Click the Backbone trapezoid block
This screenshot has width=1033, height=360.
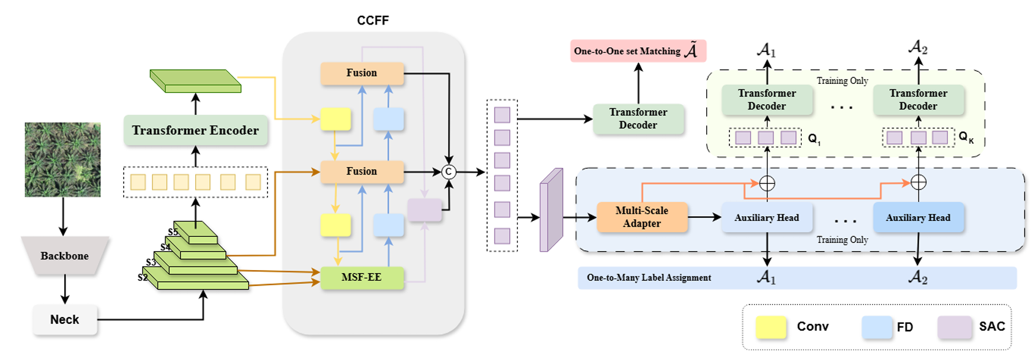tap(65, 255)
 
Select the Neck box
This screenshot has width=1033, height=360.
tap(65, 320)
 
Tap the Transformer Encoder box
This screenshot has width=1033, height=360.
tap(195, 130)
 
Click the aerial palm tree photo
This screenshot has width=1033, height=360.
tap(62, 160)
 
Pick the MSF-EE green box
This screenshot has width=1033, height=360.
tap(362, 277)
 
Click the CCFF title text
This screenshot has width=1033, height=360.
tap(373, 20)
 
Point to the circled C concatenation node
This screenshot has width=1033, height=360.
tap(449, 172)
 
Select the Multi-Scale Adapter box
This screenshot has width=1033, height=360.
tap(641, 217)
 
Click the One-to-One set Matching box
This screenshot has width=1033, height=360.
tap(638, 51)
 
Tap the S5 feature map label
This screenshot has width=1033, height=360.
tap(173, 232)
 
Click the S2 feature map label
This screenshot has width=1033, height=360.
tap(143, 277)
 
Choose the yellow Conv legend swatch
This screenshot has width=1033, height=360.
tap(770, 327)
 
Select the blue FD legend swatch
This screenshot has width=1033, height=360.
tap(877, 327)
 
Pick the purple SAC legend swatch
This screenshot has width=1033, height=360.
tap(955, 327)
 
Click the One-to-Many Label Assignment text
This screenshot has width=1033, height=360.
tap(649, 278)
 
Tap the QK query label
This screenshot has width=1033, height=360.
tap(966, 138)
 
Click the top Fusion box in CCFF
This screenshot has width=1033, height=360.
tap(362, 73)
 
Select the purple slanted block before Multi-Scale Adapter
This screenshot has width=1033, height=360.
tap(551, 211)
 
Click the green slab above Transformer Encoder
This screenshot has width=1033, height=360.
tap(196, 81)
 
